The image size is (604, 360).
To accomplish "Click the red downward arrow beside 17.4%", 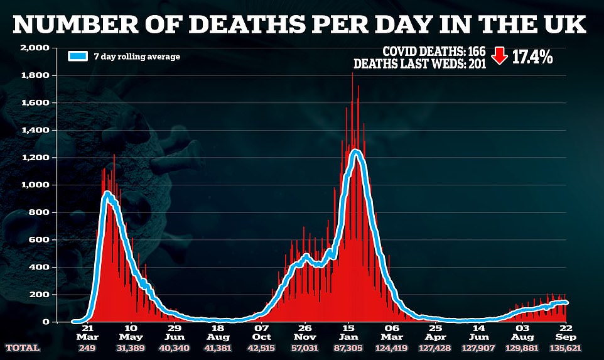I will point(500,57).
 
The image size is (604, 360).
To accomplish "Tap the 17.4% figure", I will point(531,57).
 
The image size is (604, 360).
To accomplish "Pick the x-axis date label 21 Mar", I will point(87,332).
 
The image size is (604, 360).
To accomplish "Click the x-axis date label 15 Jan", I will point(348,332).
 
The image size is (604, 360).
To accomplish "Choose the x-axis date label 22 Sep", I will point(566,332).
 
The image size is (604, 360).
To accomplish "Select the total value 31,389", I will point(131,347).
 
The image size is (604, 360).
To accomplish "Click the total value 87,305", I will point(348,347).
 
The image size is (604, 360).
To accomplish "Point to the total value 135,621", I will point(566,347).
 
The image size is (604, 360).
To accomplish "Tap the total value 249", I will point(87,347).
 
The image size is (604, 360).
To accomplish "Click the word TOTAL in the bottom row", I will point(23,347).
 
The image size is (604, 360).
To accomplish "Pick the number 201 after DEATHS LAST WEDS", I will point(475,63).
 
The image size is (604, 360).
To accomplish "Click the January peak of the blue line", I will point(356,150).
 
